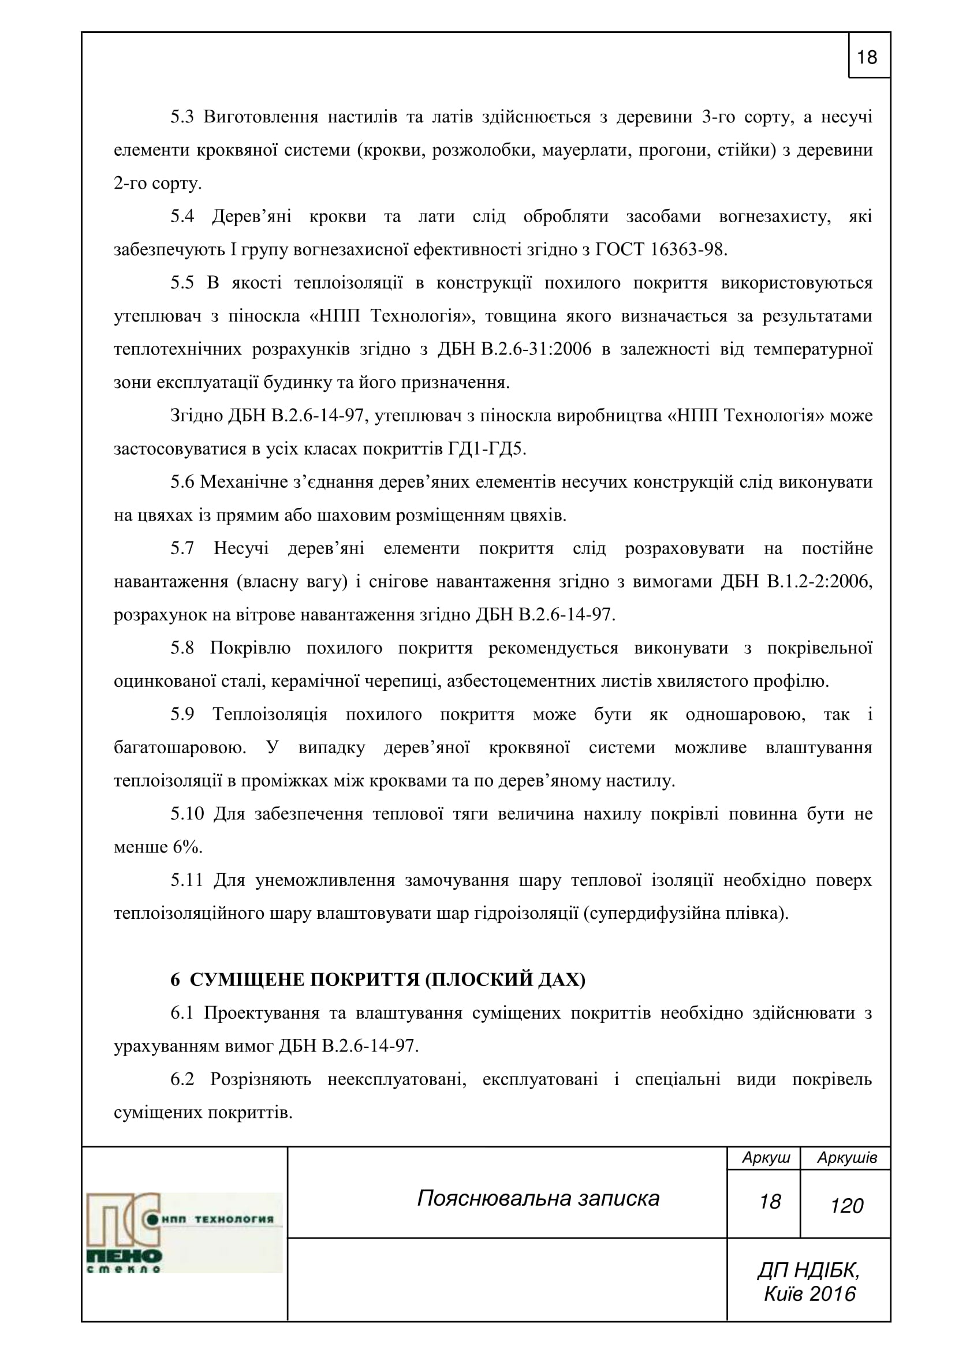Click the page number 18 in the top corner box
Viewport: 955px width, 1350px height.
tap(867, 57)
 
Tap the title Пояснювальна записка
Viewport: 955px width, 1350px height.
tap(538, 1198)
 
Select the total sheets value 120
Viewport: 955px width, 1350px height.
tap(846, 1206)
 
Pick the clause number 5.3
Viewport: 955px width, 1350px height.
tap(182, 117)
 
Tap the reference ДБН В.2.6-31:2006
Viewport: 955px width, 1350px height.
tap(514, 349)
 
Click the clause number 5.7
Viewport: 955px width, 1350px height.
tap(182, 548)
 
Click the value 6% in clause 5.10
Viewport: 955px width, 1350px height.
tap(188, 848)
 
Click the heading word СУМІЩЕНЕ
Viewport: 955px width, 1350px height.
tap(247, 980)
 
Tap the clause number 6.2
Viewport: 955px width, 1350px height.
tap(182, 1080)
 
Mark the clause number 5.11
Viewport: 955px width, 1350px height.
tap(186, 881)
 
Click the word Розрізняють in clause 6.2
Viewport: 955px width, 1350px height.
tap(260, 1080)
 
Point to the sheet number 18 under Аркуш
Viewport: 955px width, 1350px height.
tap(770, 1202)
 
